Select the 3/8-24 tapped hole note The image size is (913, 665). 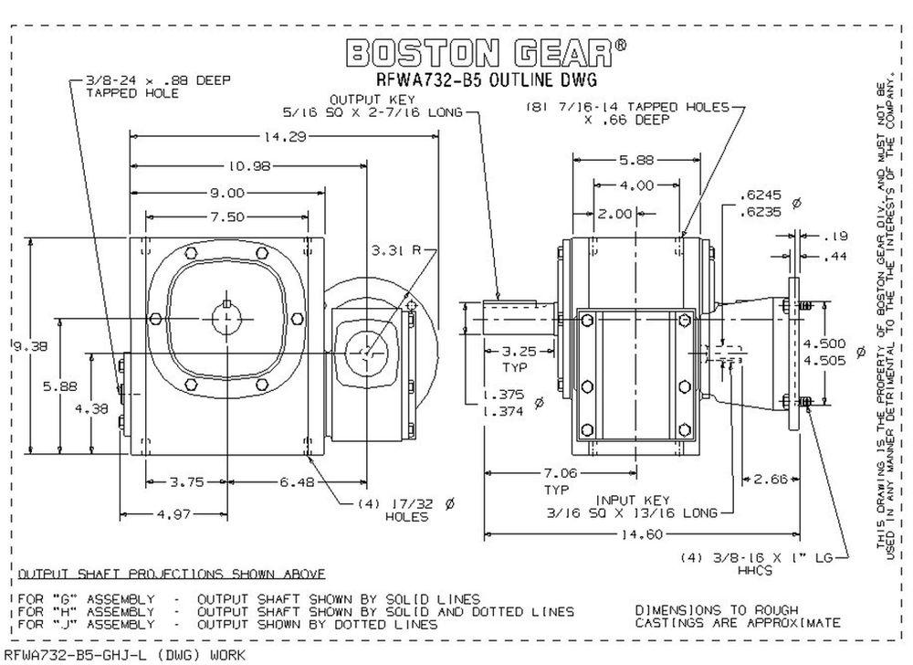[139, 87]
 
